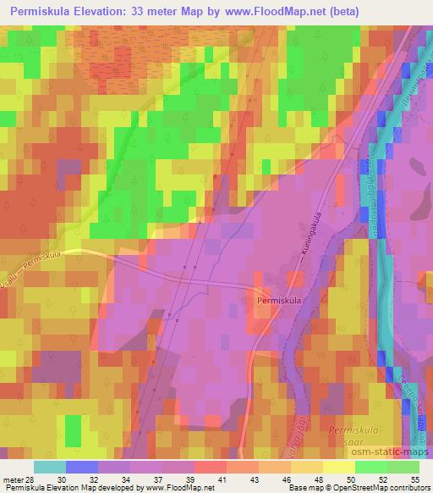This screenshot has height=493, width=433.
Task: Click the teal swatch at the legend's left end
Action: pos(50,466)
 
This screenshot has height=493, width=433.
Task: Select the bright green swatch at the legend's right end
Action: pos(403,466)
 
